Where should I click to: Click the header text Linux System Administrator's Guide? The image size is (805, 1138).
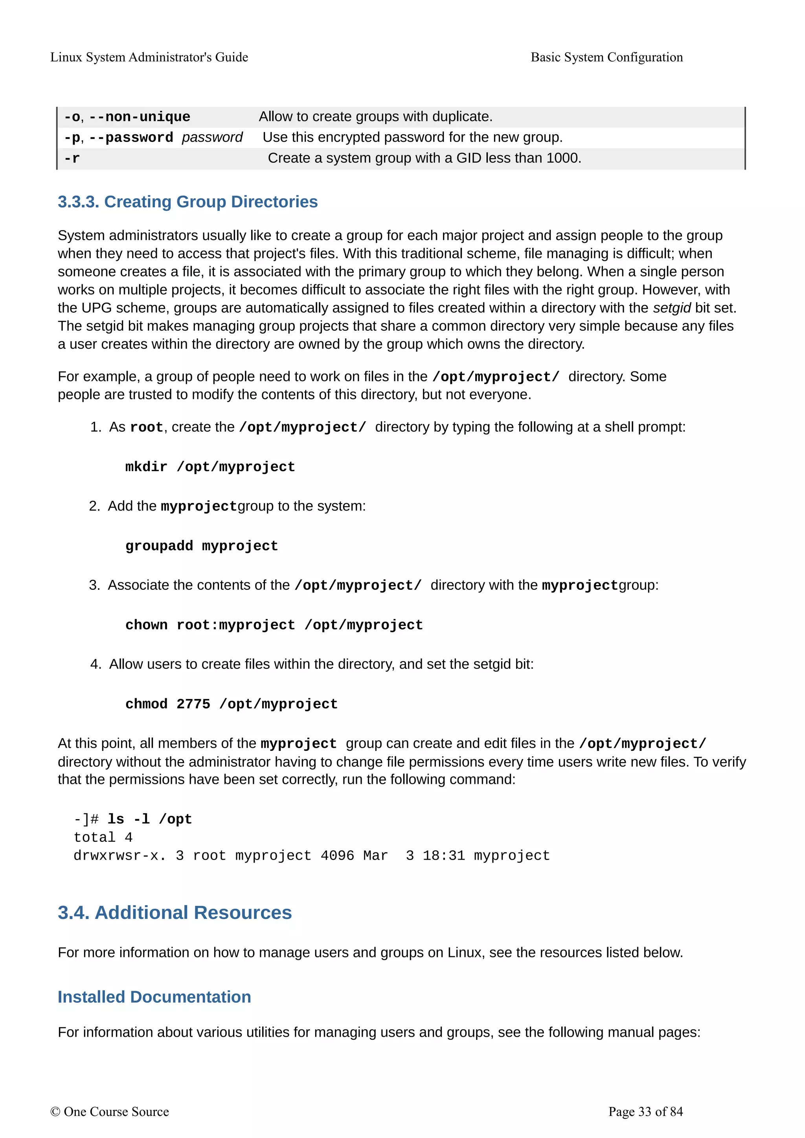[x=149, y=57]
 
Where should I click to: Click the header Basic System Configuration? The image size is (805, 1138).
[x=606, y=57]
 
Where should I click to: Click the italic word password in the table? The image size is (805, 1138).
[x=212, y=137]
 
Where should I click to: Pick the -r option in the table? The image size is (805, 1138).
[x=72, y=159]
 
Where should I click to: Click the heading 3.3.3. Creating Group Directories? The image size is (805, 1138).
[x=187, y=202]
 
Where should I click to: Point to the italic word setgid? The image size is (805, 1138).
[x=672, y=308]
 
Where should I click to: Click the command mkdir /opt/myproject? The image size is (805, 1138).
[x=210, y=467]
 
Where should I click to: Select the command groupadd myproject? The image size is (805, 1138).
[x=201, y=546]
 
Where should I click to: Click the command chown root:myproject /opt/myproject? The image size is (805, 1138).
[x=274, y=625]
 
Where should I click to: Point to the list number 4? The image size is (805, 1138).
[x=95, y=664]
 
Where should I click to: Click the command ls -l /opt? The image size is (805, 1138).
[x=149, y=819]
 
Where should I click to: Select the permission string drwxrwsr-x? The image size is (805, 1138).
[x=119, y=856]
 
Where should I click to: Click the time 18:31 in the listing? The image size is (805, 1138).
[x=443, y=856]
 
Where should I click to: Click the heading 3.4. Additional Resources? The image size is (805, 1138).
[x=175, y=913]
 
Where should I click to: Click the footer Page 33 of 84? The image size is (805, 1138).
[x=645, y=1112]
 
